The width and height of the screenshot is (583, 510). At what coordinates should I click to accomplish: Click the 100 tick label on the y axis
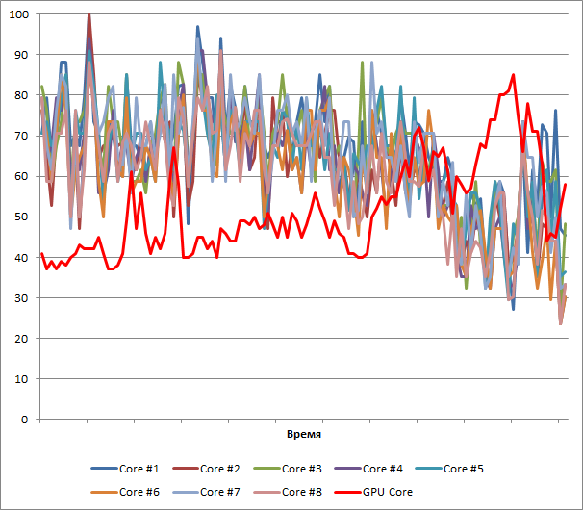click(x=19, y=14)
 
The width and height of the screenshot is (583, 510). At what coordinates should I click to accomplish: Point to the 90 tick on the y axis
click(x=22, y=55)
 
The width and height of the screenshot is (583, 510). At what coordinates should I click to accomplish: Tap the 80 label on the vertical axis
click(x=22, y=95)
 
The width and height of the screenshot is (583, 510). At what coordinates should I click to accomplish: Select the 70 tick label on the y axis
click(x=22, y=136)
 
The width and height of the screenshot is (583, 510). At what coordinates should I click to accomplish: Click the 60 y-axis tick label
click(x=22, y=176)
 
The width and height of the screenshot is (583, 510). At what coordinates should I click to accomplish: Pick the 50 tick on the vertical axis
click(x=22, y=217)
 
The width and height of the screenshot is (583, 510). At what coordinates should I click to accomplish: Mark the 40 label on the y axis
click(x=22, y=258)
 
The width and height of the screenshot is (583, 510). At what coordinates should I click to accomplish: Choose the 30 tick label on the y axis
click(x=22, y=298)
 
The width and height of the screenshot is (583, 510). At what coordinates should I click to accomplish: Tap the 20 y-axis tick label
click(x=22, y=339)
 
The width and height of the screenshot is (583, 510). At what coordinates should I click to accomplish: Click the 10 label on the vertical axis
click(x=22, y=379)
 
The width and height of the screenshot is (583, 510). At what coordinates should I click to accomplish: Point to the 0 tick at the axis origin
click(x=26, y=420)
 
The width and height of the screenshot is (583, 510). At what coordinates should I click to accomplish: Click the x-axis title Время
click(x=303, y=435)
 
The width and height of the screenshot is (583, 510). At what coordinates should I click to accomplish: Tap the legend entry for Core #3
click(x=307, y=469)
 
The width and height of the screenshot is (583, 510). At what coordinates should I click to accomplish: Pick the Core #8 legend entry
click(x=307, y=492)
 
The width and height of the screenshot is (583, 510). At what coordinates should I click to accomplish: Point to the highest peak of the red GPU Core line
click(x=514, y=75)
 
